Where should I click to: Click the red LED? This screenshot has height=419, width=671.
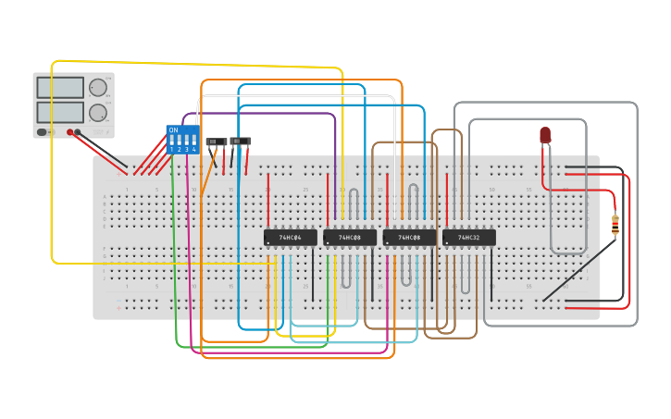(545, 135)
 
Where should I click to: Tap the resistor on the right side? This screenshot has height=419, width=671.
(615, 223)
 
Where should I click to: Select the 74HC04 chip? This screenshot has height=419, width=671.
(290, 238)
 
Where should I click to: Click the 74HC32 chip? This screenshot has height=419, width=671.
(468, 238)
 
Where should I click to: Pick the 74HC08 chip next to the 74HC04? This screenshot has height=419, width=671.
(349, 238)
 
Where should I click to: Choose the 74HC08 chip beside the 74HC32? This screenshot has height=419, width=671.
(409, 238)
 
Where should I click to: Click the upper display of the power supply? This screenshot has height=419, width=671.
(60, 88)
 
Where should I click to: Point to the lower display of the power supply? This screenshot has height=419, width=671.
(60, 112)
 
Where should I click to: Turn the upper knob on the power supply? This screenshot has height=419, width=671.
(97, 88)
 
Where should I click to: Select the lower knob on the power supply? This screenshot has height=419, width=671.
(97, 113)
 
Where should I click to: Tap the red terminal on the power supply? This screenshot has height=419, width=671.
(69, 132)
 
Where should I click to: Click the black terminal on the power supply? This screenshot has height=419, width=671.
(79, 132)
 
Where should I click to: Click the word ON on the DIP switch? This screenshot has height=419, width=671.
(173, 129)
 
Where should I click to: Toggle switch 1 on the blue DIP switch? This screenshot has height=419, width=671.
(171, 140)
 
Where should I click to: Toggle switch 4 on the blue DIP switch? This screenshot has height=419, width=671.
(193, 140)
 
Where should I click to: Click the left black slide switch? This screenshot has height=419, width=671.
(216, 142)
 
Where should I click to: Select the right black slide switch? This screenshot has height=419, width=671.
(240, 142)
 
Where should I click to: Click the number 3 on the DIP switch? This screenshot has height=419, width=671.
(186, 149)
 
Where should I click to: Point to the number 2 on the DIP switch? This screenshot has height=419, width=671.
(179, 149)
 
